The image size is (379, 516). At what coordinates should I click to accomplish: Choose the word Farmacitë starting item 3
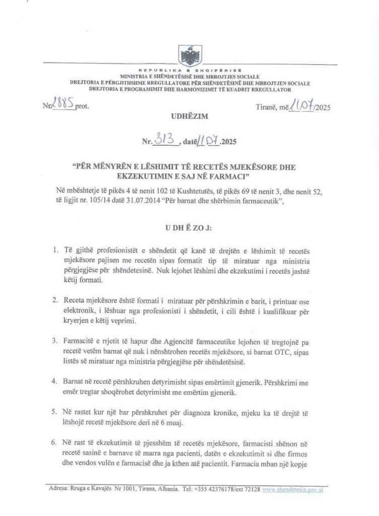pos(82,341)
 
